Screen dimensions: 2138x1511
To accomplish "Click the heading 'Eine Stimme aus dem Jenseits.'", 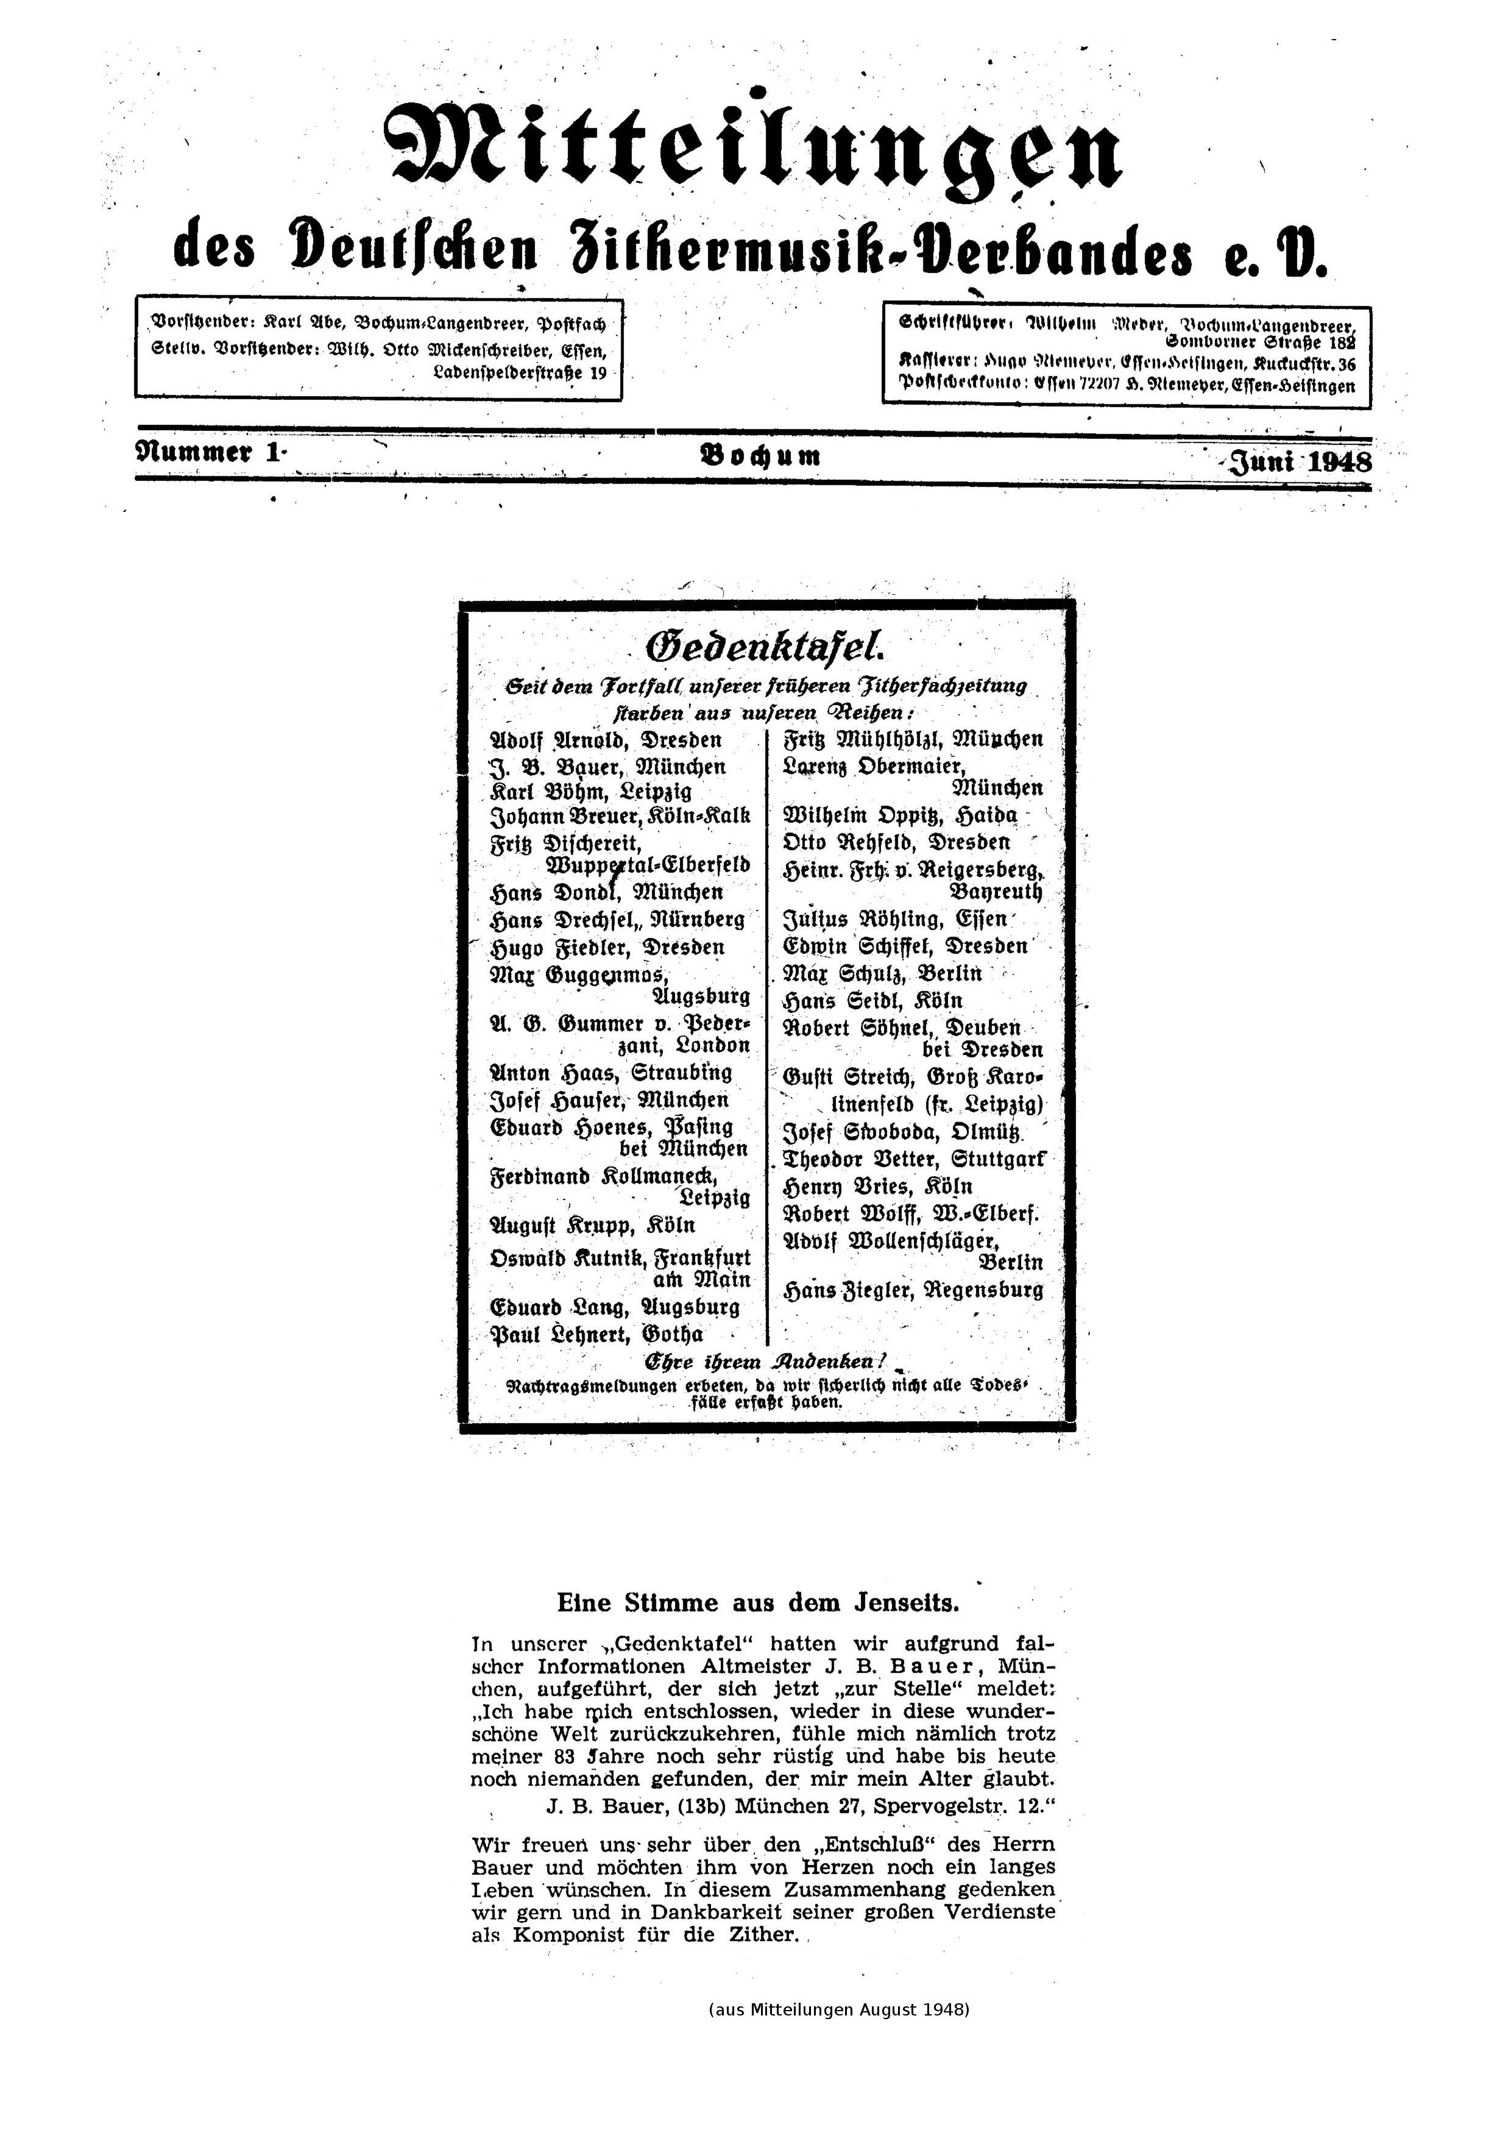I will click(x=758, y=1603).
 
